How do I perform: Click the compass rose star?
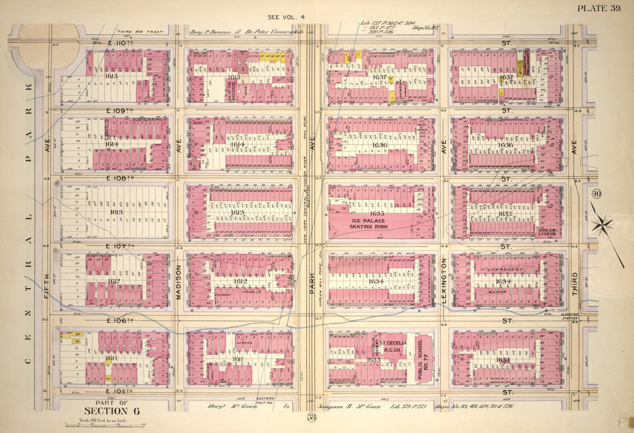tap(602, 225)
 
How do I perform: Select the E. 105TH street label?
tap(117, 393)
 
